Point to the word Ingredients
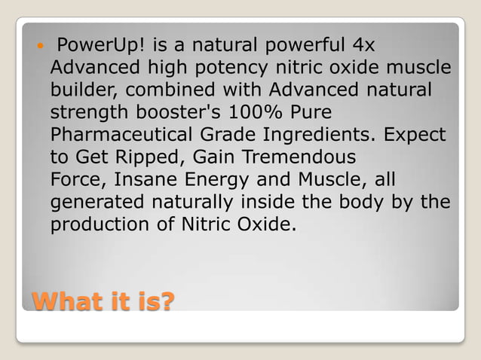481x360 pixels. click(x=324, y=136)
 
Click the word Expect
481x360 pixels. click(x=415, y=136)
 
